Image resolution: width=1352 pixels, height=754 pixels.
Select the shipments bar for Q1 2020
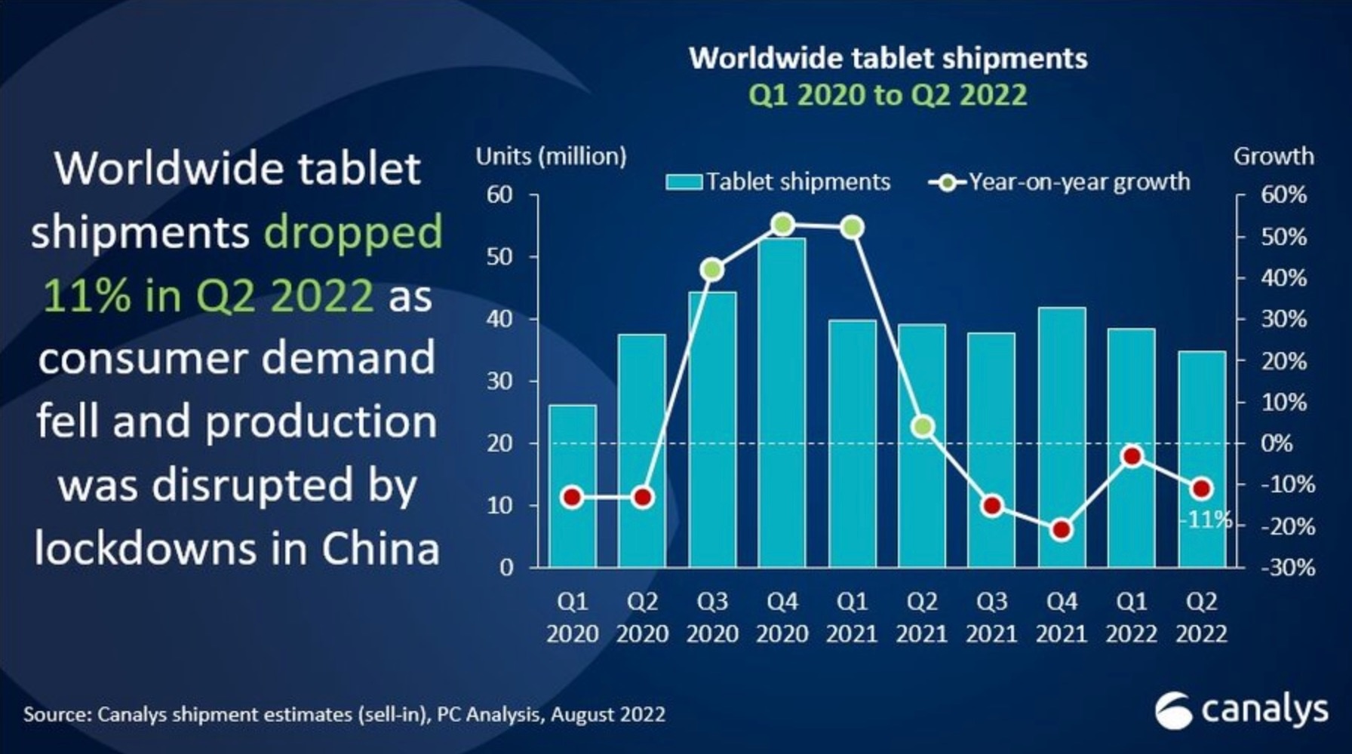point(573,486)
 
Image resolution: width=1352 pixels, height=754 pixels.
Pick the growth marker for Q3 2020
point(712,270)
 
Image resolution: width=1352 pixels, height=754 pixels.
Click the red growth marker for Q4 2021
point(1062,530)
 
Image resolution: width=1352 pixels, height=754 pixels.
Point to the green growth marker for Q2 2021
point(922,427)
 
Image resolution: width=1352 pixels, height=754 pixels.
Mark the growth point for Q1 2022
point(1132,456)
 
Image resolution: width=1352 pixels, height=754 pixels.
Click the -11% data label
point(1205,520)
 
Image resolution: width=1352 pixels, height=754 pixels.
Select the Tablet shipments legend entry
point(778,182)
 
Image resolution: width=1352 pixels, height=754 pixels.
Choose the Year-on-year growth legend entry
point(1060,182)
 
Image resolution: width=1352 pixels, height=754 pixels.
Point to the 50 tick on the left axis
point(499,257)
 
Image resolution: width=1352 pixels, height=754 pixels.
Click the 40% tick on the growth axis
point(1283,278)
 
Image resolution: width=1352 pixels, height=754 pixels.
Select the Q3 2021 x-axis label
point(991,618)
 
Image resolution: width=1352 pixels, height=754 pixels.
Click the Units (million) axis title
point(551,156)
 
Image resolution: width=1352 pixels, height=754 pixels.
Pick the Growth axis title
point(1273,156)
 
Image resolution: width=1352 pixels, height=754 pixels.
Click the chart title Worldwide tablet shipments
point(888,58)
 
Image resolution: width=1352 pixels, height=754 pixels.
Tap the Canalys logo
point(1241,710)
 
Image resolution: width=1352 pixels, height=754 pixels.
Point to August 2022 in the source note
point(608,714)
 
